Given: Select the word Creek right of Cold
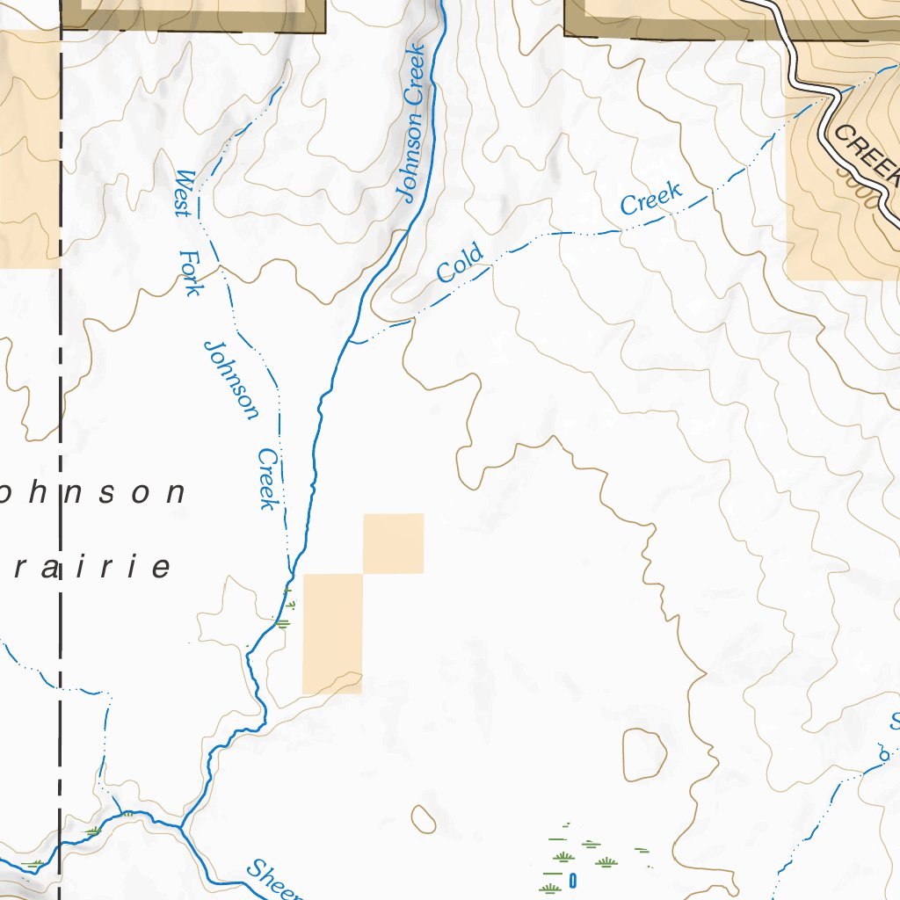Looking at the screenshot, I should pyautogui.click(x=651, y=198).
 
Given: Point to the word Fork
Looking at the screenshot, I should pyautogui.click(x=190, y=273).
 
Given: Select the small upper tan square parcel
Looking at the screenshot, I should pyautogui.click(x=394, y=543).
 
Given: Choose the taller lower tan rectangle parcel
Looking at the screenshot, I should pyautogui.click(x=332, y=633).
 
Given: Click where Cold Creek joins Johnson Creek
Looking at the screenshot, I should pyautogui.click(x=352, y=342).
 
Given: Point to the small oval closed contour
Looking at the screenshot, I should pyautogui.click(x=424, y=819).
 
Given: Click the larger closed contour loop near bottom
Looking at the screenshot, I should pyautogui.click(x=644, y=753).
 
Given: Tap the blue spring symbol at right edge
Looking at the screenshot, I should pyautogui.click(x=883, y=753).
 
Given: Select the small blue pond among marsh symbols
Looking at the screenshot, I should pyautogui.click(x=573, y=879).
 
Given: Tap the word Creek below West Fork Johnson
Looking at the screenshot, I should pyautogui.click(x=267, y=480).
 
